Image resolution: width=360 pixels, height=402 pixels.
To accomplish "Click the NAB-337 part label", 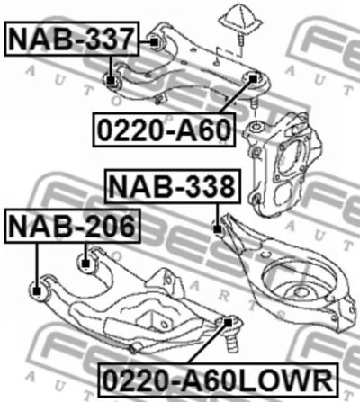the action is pos(71,39).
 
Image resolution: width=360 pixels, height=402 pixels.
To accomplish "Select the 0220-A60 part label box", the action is pos(164,130).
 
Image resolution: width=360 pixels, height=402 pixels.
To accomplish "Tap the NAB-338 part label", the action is pos(173,186).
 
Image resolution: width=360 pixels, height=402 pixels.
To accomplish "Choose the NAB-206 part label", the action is pos(72,226).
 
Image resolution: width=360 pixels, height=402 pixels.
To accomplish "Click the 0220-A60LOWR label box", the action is pos(218,380).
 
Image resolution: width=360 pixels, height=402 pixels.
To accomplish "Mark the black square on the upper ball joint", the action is pos(254,79).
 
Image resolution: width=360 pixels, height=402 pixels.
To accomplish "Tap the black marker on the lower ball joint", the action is pos(229,323).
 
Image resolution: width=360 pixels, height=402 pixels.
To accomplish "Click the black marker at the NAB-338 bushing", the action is pos(218,229).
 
